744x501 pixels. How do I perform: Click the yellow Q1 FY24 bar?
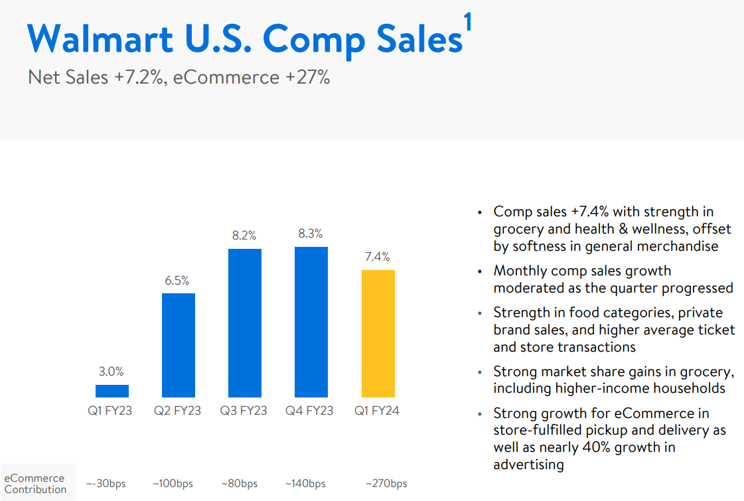[x=378, y=333]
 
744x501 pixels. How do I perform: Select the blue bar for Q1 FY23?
[x=112, y=391]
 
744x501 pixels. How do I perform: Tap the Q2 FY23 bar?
[x=179, y=345]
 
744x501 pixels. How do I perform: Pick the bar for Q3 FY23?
[x=245, y=322]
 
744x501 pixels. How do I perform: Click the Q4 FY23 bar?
[x=311, y=322]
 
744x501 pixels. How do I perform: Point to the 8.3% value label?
[x=311, y=234]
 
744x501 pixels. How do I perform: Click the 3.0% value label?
[x=112, y=372]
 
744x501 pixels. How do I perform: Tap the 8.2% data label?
[x=244, y=236]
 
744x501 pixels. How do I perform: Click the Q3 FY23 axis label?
[x=244, y=411]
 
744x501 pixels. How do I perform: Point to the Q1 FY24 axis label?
[x=377, y=411]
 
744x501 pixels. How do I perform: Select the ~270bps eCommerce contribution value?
[x=386, y=483]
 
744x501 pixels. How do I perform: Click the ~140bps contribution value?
[x=305, y=483]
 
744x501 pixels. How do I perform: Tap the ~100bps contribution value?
[x=173, y=483]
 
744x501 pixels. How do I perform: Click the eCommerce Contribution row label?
[x=35, y=483]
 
